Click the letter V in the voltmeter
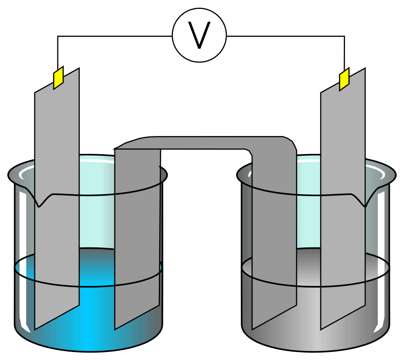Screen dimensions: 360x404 tap(200, 36)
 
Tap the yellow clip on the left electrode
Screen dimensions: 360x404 tap(59, 77)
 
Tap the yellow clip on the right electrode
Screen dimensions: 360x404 tap(344, 80)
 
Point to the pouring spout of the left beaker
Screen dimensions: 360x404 tap(39, 202)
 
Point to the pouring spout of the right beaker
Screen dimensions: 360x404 tap(366, 202)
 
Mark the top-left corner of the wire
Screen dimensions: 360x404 tap(58, 36)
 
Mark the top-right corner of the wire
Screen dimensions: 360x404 tap(344, 36)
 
